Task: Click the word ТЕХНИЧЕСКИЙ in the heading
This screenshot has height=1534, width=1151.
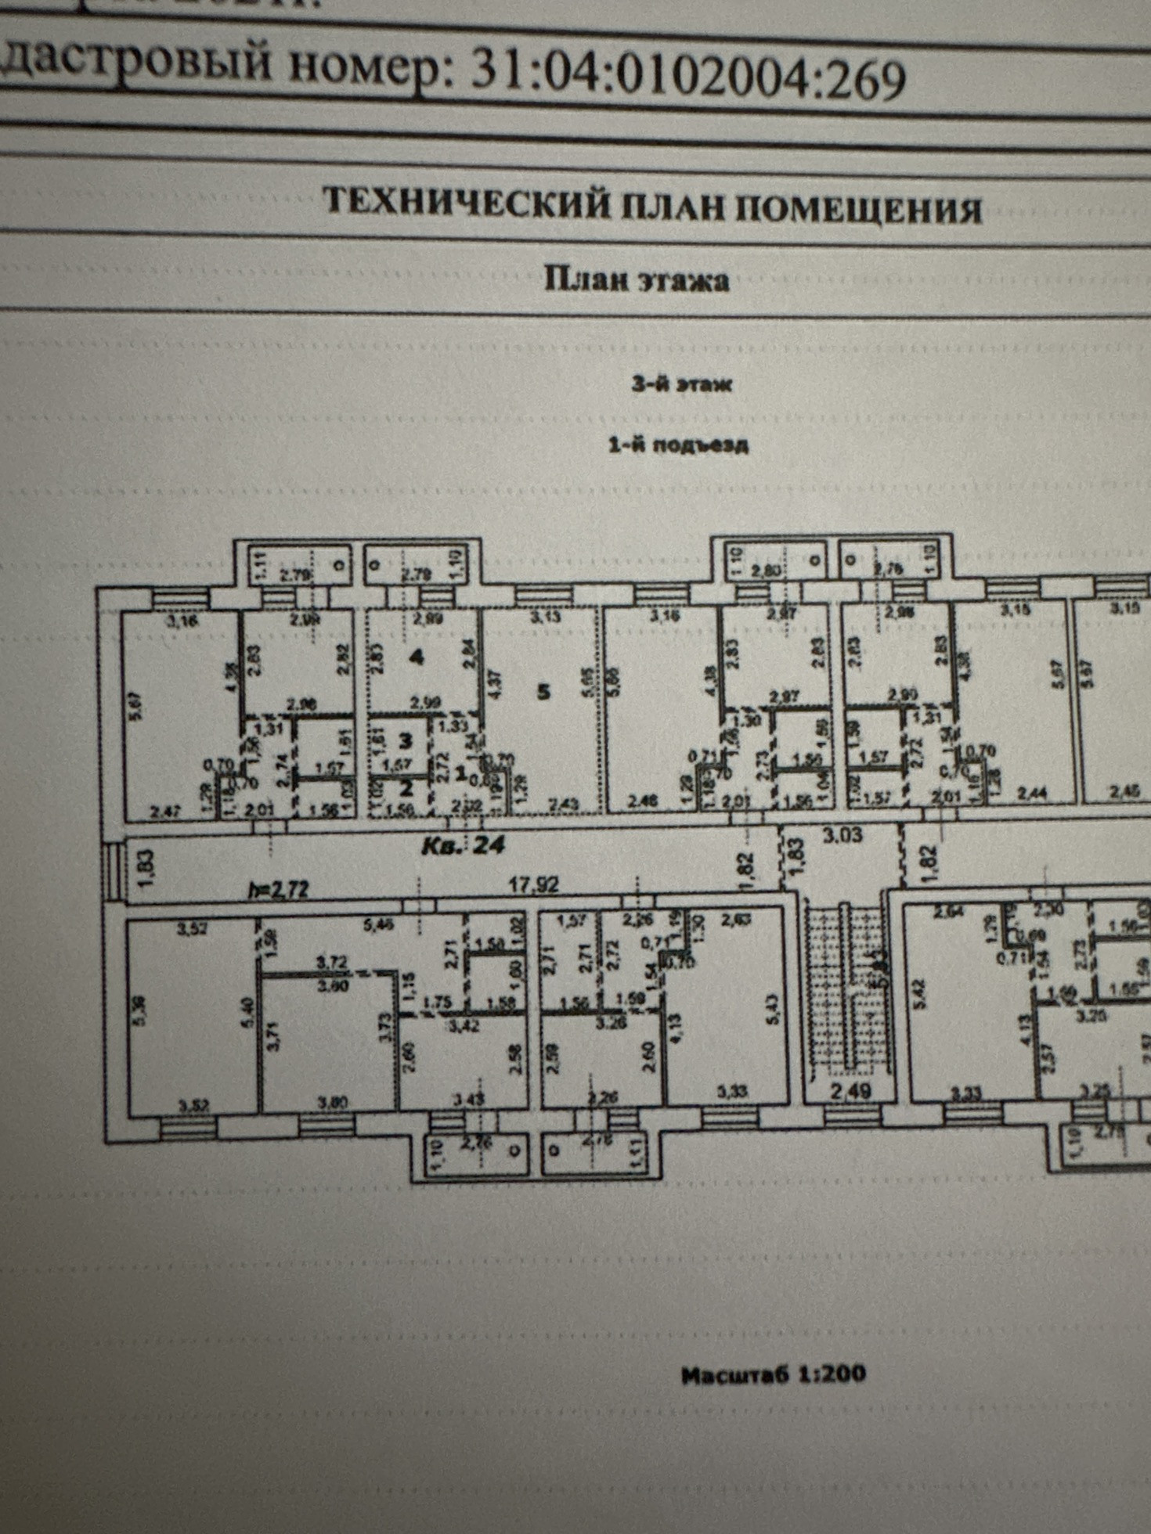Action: click(467, 202)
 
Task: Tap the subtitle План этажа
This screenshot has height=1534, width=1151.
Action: click(637, 280)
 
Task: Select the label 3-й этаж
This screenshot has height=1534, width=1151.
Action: click(681, 384)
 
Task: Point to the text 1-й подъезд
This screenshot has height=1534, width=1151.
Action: click(678, 445)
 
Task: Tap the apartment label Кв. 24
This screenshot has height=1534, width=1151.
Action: click(464, 845)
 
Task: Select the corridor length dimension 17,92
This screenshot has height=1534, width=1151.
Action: click(534, 885)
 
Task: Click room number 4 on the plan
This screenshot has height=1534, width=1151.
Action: click(417, 657)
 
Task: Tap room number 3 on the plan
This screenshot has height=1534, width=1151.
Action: click(406, 740)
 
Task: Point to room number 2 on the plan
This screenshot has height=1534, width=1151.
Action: click(406, 787)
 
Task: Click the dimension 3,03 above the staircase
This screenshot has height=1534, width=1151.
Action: click(843, 834)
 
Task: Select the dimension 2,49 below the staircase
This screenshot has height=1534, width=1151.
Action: click(851, 1089)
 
